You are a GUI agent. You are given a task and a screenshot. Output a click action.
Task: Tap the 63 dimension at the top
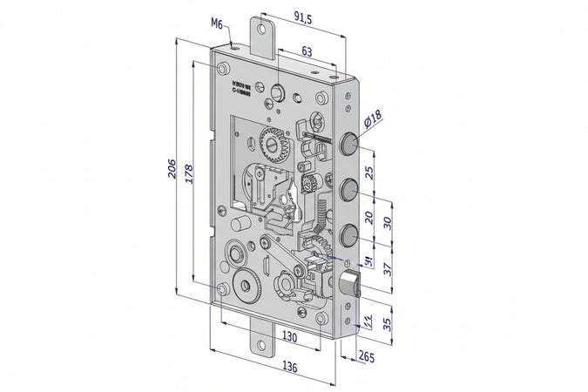[x=306, y=51]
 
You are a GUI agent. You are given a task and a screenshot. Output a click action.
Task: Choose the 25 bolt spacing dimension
[x=369, y=172]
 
